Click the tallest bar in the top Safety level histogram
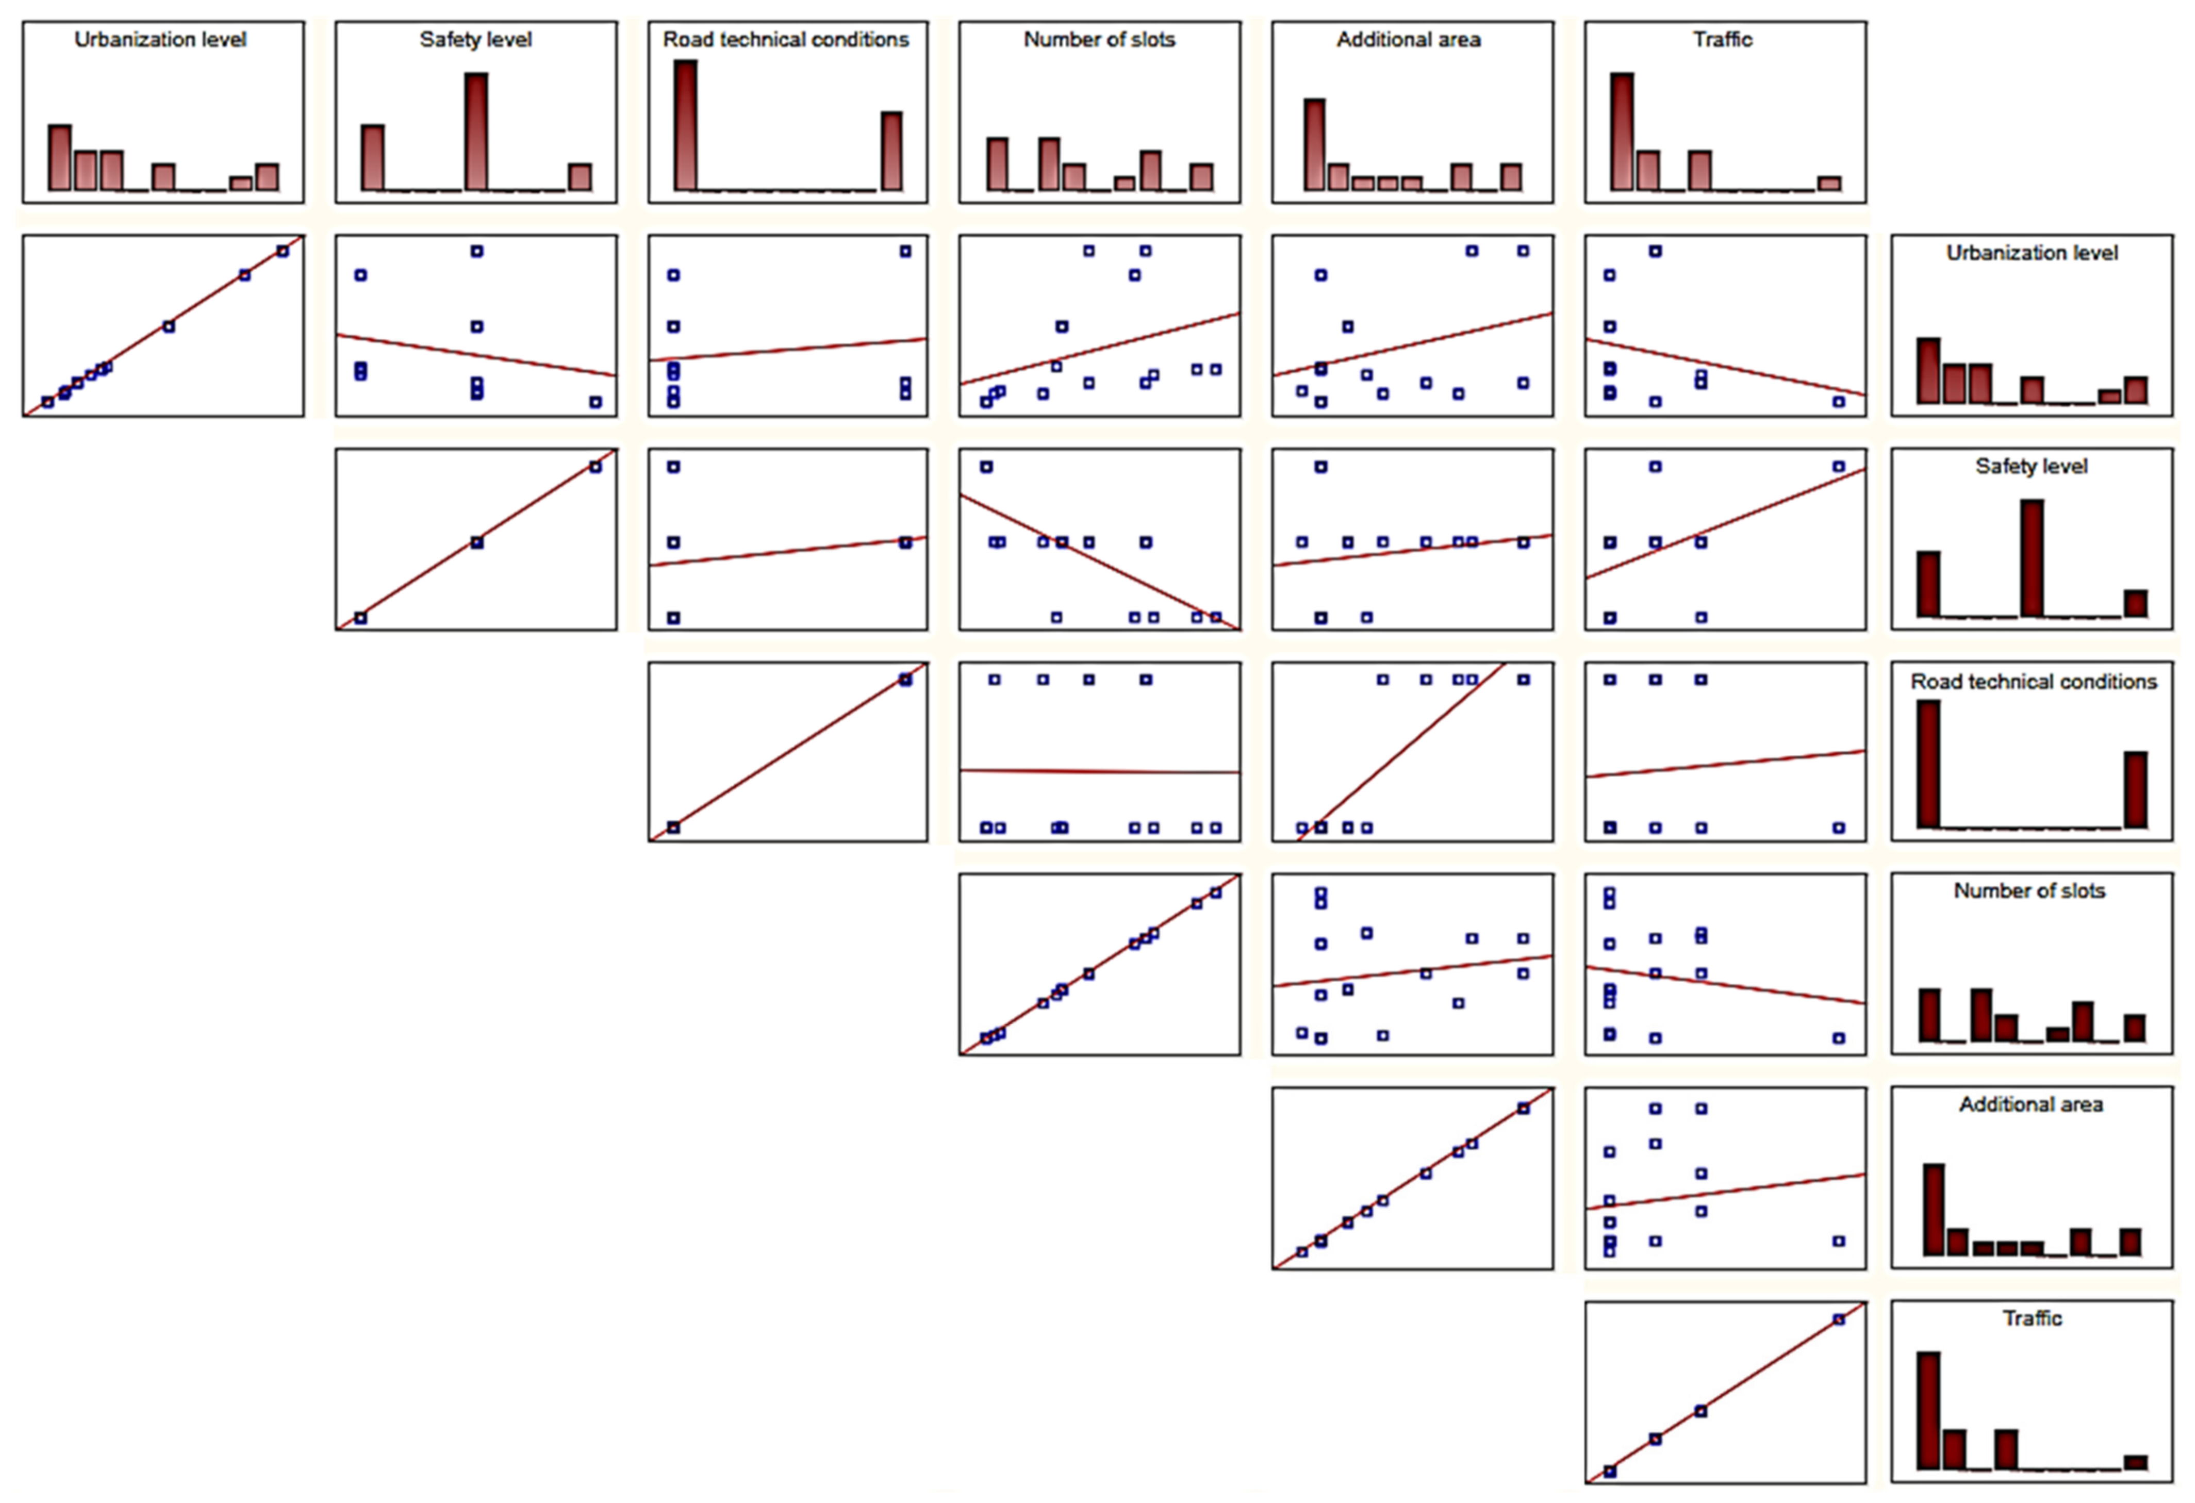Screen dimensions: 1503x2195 (x=477, y=133)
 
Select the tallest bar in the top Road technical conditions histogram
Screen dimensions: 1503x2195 (x=686, y=126)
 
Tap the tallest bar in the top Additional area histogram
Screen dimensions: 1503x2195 (x=1315, y=144)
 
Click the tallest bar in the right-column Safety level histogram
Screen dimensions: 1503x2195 (x=2032, y=558)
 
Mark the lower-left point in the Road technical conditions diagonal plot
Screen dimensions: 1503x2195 (x=673, y=828)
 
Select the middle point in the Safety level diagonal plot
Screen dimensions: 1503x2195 (x=477, y=542)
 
